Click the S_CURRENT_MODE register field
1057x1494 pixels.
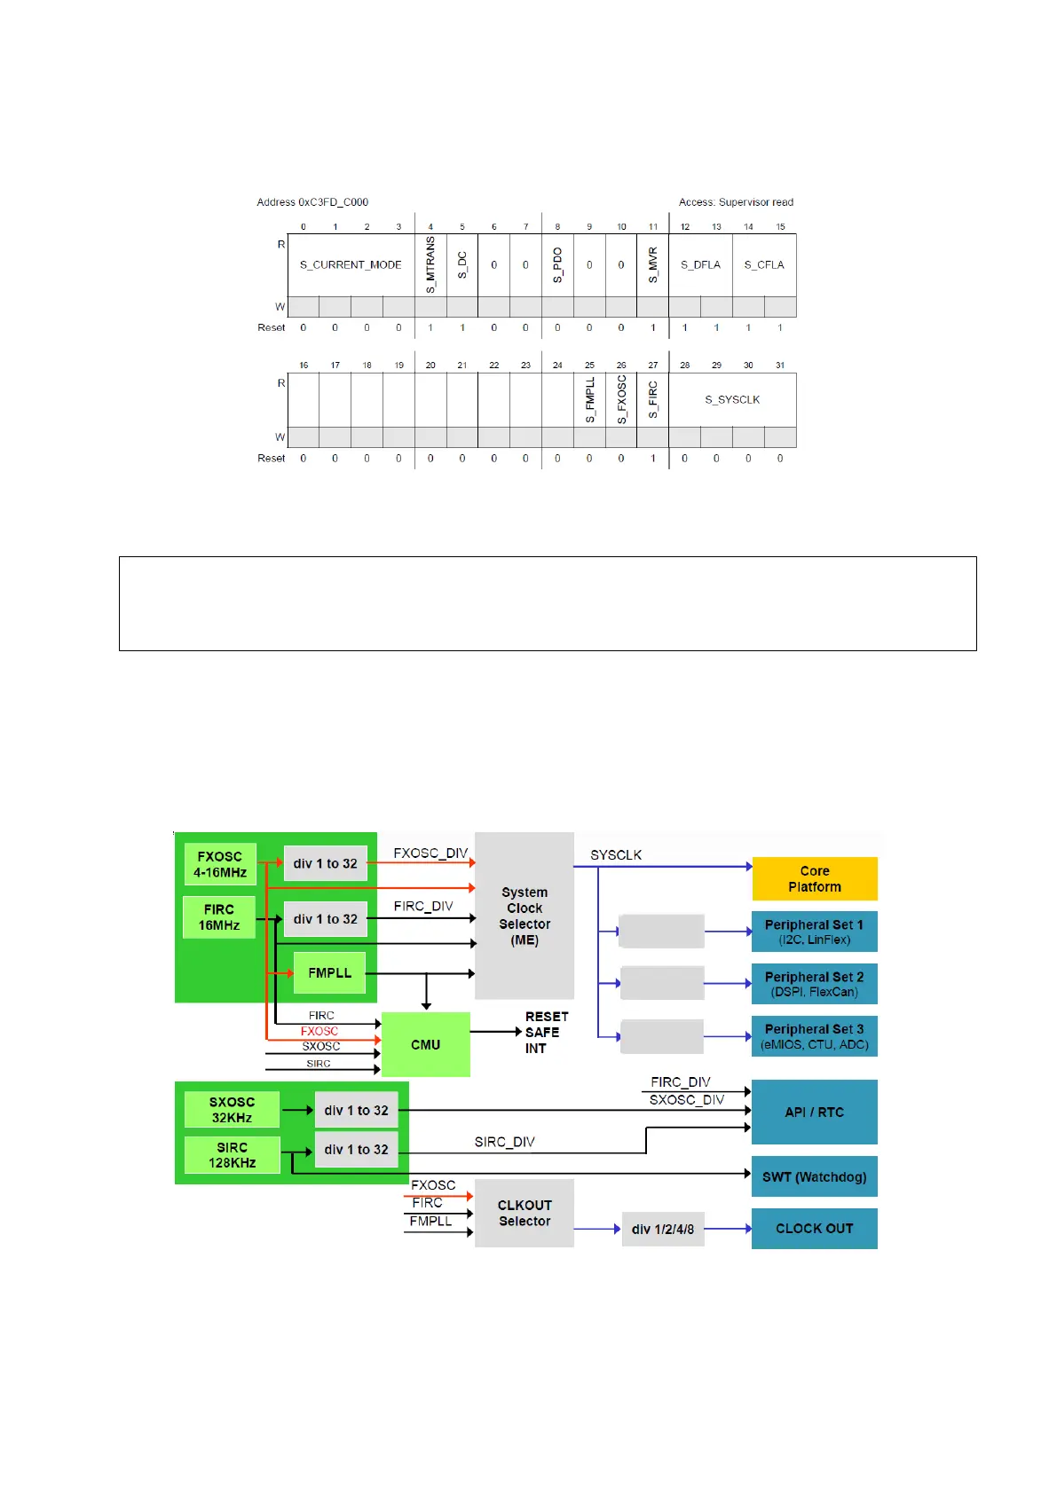[351, 264]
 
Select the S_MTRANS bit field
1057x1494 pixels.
[430, 264]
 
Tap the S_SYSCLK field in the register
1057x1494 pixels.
[732, 399]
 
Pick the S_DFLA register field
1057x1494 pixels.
[700, 264]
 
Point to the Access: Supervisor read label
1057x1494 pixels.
[736, 202]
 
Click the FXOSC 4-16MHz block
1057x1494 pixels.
[220, 864]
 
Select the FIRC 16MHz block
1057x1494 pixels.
[218, 917]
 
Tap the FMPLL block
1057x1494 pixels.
[329, 973]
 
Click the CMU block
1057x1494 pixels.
[425, 1044]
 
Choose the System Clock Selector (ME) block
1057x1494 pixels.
[525, 916]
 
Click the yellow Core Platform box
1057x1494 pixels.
[814, 878]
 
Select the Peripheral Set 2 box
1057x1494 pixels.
[814, 984]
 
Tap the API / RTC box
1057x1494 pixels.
[814, 1112]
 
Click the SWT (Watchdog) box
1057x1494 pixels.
[814, 1177]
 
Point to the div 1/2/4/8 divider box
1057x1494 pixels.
[663, 1229]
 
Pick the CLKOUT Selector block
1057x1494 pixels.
[525, 1213]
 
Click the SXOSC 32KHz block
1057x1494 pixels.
[232, 1110]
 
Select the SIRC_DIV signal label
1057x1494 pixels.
[504, 1142]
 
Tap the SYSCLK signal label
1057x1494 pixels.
[616, 855]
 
